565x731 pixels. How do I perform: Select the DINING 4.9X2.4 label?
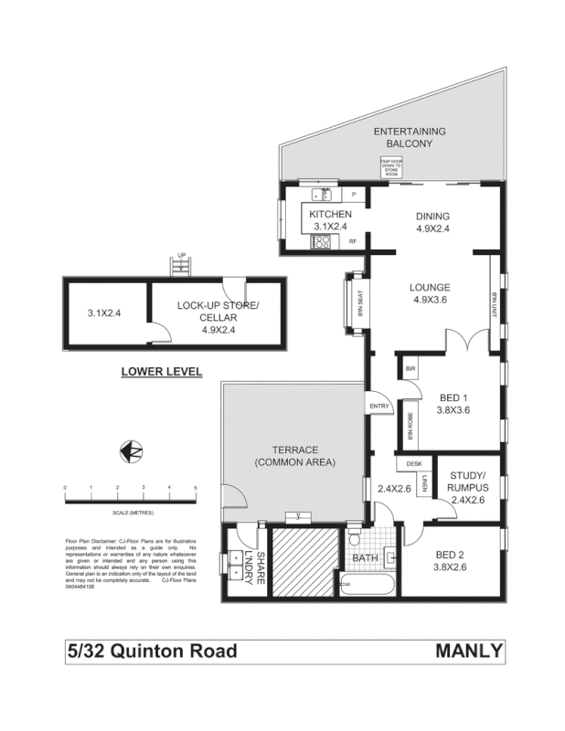coord(432,223)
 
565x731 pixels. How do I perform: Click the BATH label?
coord(365,557)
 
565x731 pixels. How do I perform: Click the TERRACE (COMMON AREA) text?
coord(294,456)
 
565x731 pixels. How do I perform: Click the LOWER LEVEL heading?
coord(161,372)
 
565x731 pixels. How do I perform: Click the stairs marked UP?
coord(181,267)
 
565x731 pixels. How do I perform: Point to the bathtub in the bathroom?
coord(367,585)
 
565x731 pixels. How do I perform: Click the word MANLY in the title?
coord(470,652)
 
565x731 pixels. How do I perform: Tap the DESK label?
coord(414,464)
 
